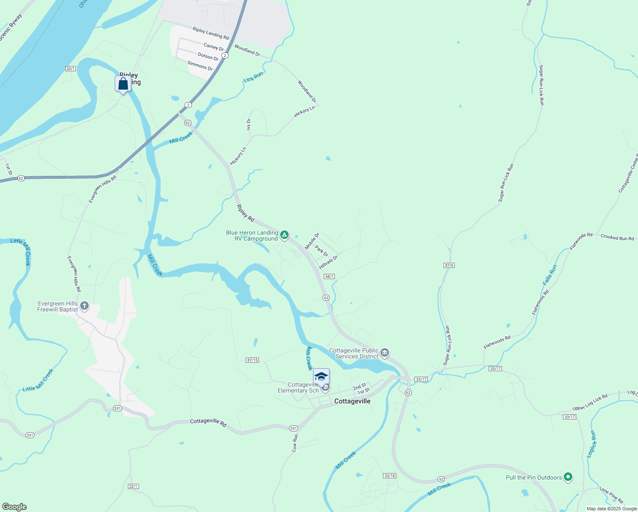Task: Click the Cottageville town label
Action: (352, 401)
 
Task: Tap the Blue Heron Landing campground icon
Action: (284, 235)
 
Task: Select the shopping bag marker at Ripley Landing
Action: (123, 84)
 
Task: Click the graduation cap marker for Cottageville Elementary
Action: (321, 377)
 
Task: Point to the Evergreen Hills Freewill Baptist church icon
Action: (84, 305)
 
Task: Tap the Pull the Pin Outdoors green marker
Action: (568, 477)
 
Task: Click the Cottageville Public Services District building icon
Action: (384, 352)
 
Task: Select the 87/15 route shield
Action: (252, 360)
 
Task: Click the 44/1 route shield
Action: (329, 276)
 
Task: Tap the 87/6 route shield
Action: (449, 265)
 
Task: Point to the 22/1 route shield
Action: (133, 486)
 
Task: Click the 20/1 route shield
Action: (70, 69)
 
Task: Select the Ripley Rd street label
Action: (246, 213)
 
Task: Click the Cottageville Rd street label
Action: (208, 421)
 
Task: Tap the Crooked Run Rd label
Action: (617, 238)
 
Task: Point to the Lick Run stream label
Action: (253, 77)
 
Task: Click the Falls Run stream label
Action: (550, 275)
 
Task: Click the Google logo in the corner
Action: (14, 507)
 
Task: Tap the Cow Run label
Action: (295, 443)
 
